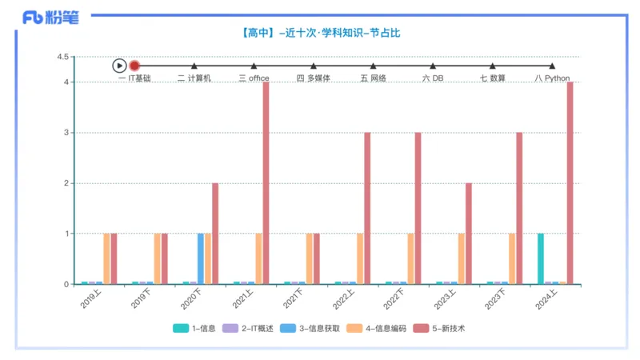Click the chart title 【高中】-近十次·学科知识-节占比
click(319, 34)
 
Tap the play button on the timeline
click(119, 66)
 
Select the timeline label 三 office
click(254, 78)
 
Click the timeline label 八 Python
click(552, 78)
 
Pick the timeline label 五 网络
click(373, 78)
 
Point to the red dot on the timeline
click(134, 66)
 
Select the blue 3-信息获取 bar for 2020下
click(201, 258)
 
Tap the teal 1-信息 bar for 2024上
click(541, 258)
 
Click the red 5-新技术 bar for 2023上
click(469, 233)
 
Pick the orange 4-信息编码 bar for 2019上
click(106, 258)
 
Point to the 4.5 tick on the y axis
click(62, 57)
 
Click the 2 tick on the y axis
click(67, 183)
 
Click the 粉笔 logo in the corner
click(50, 17)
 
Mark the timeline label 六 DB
click(432, 78)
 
